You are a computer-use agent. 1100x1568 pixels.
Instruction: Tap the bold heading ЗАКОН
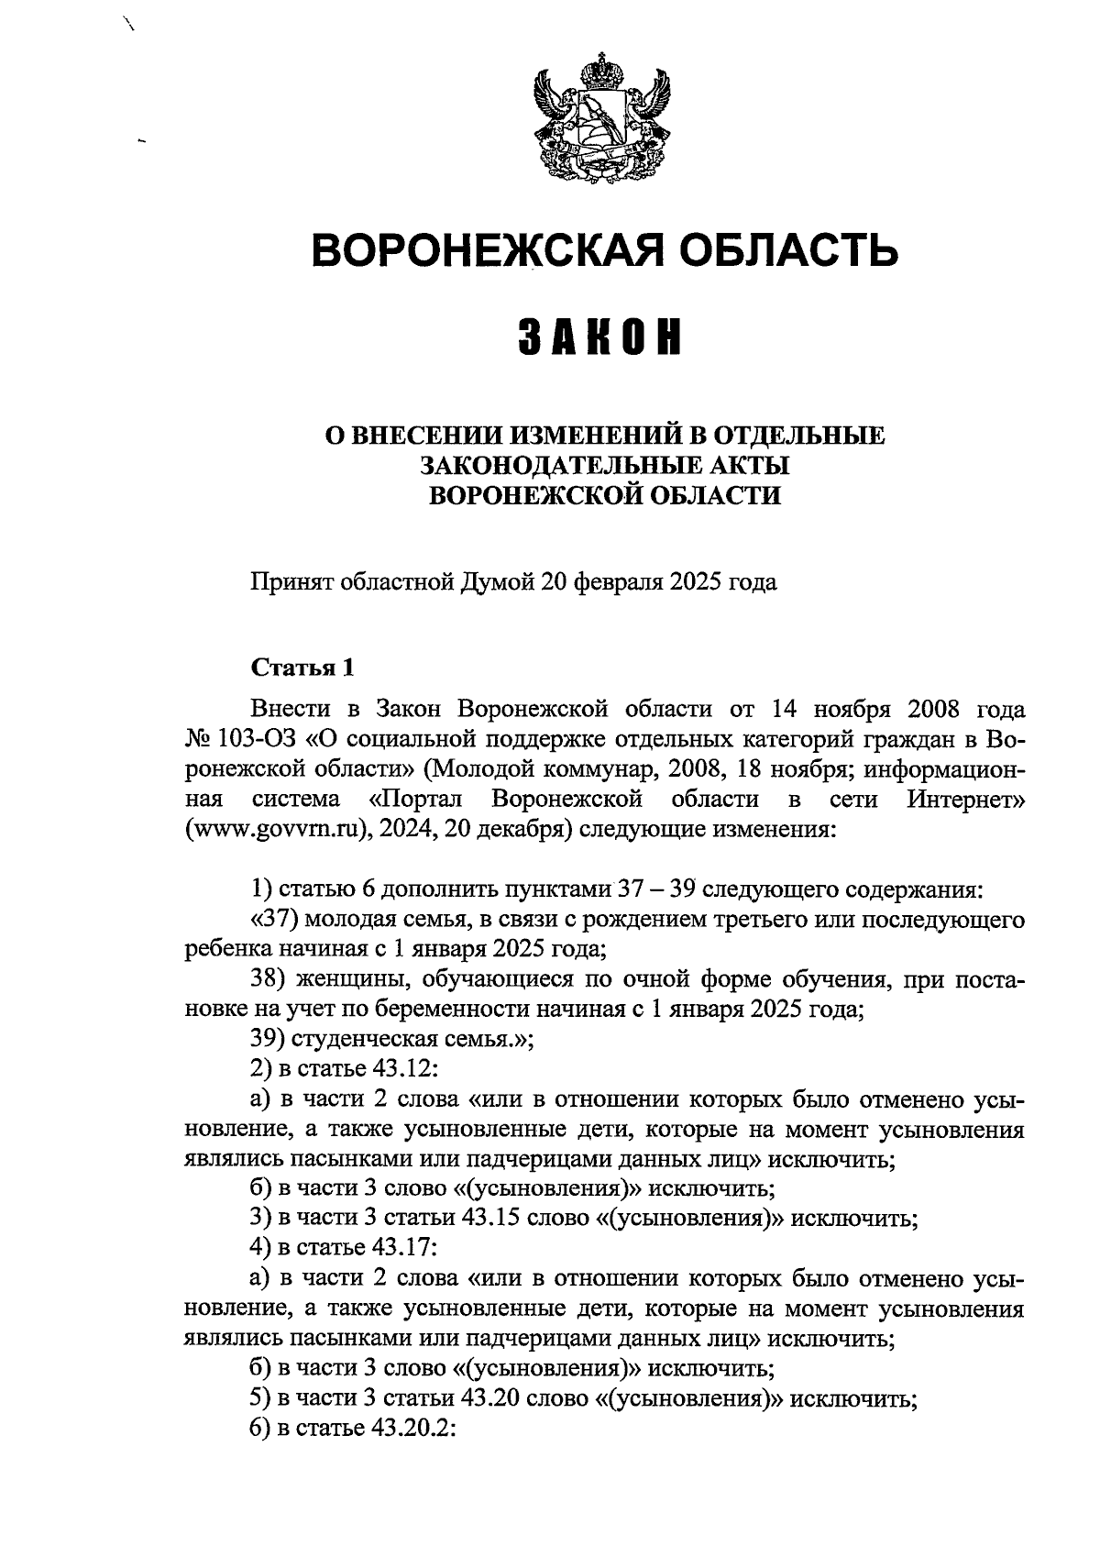[x=601, y=337]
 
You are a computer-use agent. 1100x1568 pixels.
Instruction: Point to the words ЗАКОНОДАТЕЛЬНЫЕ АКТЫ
[x=605, y=466]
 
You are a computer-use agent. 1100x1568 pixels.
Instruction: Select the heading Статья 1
[x=302, y=667]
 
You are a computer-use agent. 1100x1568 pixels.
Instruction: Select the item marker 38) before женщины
[x=269, y=979]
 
